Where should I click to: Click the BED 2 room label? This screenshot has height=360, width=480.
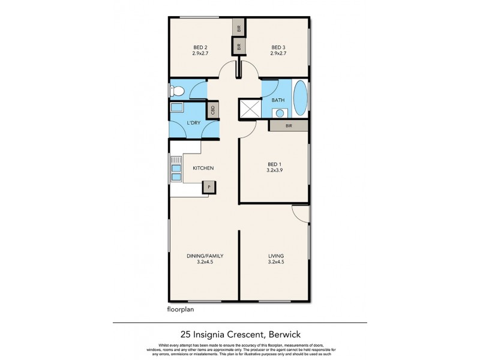[x=200, y=47]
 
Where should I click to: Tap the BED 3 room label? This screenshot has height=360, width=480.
[x=278, y=47]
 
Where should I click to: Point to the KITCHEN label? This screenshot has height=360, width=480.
[x=203, y=169]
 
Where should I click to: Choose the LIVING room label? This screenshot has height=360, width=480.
[x=275, y=256]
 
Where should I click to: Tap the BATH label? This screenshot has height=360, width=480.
[x=278, y=100]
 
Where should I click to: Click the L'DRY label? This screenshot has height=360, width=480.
[x=194, y=123]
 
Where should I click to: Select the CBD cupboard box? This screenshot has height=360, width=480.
[x=212, y=110]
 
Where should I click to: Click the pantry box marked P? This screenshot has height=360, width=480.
[x=209, y=187]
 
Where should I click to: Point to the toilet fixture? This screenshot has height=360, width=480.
[x=176, y=91]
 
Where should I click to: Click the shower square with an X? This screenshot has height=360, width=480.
[x=249, y=109]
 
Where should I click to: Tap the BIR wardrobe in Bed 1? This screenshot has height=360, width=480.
[x=289, y=125]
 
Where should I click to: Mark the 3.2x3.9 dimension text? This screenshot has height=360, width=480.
[x=274, y=170]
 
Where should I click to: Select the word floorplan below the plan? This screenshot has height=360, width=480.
[x=180, y=310]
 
